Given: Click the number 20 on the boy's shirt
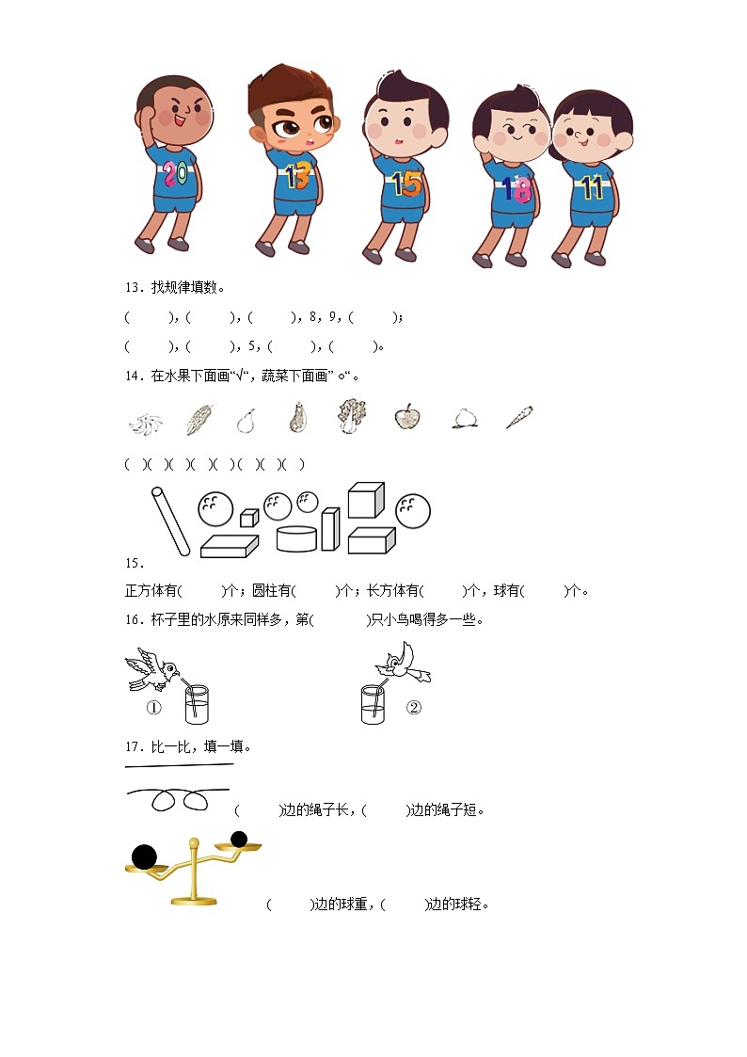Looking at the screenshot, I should [173, 172].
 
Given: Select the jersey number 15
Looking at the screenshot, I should [406, 183].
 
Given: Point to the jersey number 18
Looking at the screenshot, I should [516, 189].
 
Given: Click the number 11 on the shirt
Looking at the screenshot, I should [591, 188].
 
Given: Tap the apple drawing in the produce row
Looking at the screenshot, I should [406, 417].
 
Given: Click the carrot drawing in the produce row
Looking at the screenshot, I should [518, 417].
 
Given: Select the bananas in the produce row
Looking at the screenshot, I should [146, 422].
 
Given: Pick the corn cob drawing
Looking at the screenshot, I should [199, 419].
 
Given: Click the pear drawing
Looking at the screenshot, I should [246, 420].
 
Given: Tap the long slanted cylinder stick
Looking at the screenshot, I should [169, 520].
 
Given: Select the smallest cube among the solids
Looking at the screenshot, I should [248, 517].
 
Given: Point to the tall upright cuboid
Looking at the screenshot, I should [329, 529].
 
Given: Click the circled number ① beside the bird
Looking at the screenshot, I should [153, 708].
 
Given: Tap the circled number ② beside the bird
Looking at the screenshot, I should [414, 708].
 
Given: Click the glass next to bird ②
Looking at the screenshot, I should [373, 704].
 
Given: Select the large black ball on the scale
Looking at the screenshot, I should [144, 857].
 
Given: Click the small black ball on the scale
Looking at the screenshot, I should [239, 839].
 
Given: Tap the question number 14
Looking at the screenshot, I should [132, 376].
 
